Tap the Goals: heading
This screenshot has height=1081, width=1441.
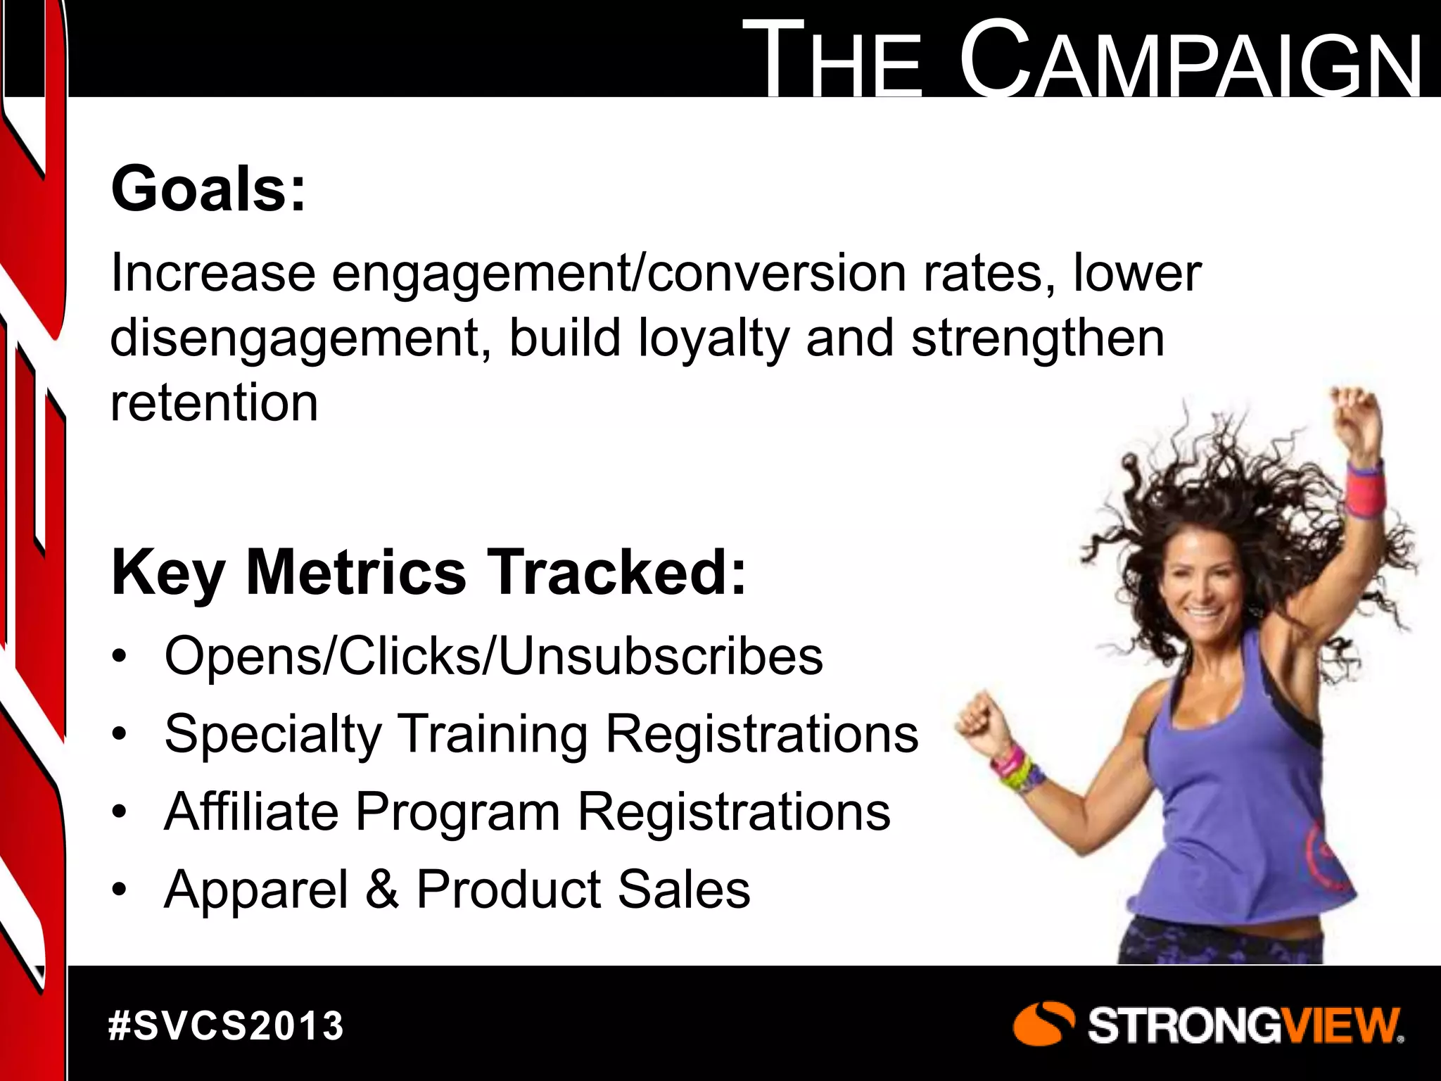click(x=209, y=189)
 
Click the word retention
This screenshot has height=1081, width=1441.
click(x=215, y=403)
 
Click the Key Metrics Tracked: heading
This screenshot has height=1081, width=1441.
click(x=428, y=572)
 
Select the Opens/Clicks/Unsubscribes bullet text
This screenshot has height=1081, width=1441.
click(x=493, y=656)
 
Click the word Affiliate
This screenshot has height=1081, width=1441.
click(x=250, y=811)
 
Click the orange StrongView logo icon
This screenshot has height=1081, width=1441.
click(x=1043, y=1025)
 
